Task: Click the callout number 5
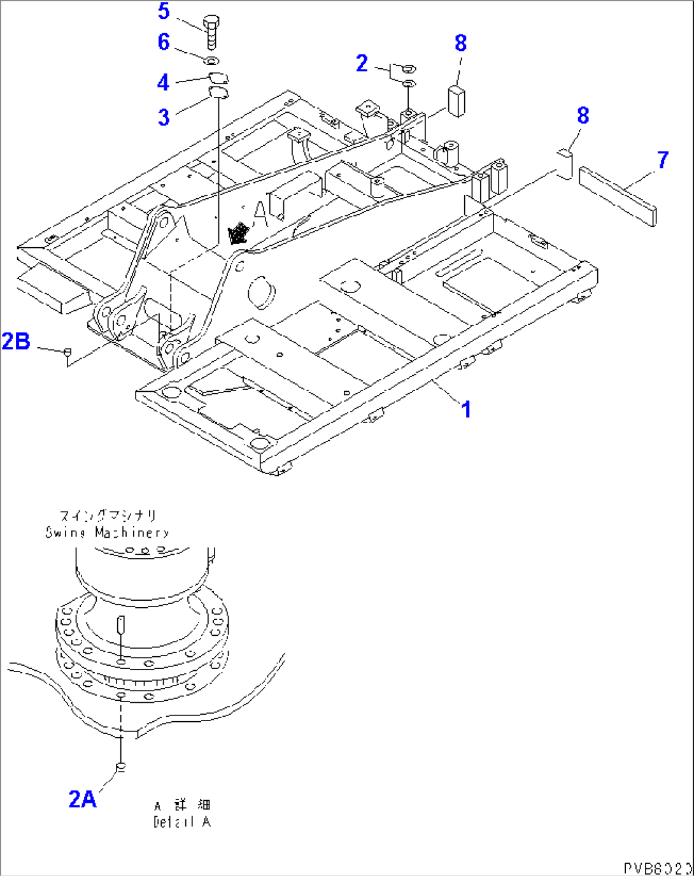tap(164, 11)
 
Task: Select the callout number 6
tap(164, 42)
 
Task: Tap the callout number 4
tap(164, 82)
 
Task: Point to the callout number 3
tap(164, 117)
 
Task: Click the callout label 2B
tap(16, 341)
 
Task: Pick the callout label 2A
tap(82, 799)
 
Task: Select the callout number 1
tap(466, 410)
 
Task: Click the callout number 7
tap(662, 160)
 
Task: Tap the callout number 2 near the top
tap(362, 63)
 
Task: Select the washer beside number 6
tap(211, 61)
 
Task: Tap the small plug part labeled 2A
tap(120, 766)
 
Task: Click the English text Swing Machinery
tap(107, 533)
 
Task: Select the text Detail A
tap(181, 822)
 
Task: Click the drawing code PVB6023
tap(657, 868)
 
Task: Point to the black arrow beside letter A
tap(238, 233)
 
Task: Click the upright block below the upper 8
tap(456, 101)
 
